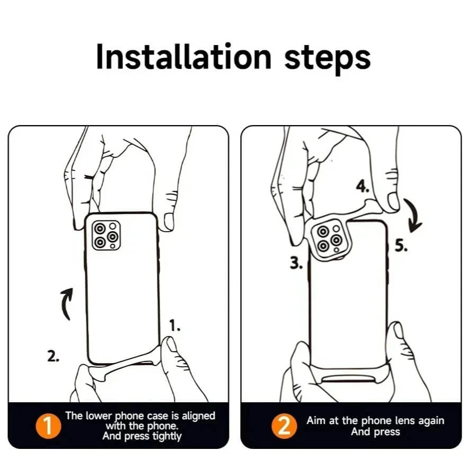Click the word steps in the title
(x=327, y=57)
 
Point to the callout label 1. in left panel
(x=174, y=326)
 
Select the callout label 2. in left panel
(x=53, y=357)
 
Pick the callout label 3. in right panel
(x=296, y=263)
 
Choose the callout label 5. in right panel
(x=401, y=246)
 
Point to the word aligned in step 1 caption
(x=197, y=416)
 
